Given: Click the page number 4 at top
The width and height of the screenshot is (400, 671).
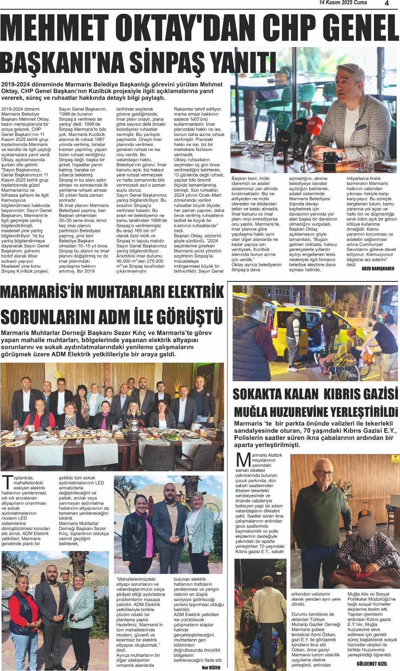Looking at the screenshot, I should (x=387, y=3).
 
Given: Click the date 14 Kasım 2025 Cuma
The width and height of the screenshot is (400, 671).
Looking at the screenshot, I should (x=343, y=3).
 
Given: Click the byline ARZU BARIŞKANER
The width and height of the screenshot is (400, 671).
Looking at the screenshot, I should (x=378, y=268).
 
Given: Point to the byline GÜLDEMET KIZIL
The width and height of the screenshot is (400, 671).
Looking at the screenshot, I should (x=372, y=663).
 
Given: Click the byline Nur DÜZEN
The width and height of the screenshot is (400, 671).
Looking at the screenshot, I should (x=211, y=667).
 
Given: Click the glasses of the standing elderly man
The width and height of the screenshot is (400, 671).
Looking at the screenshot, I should (x=324, y=473).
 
